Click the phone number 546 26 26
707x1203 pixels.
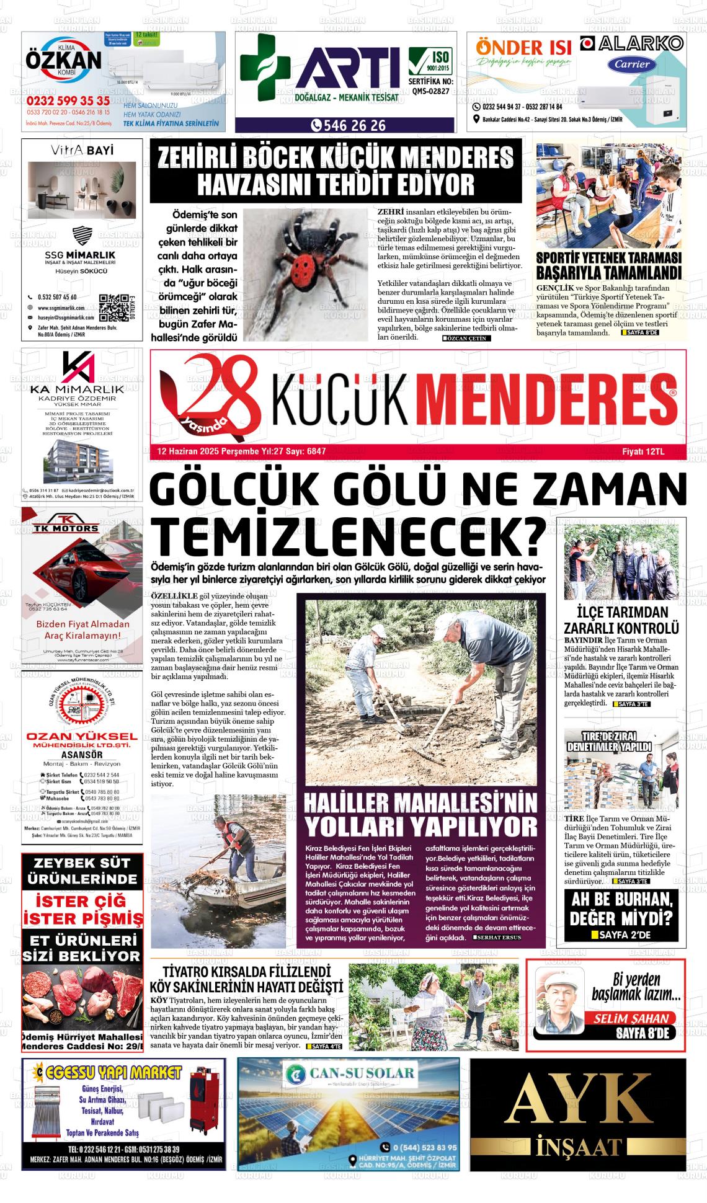pyautogui.click(x=350, y=126)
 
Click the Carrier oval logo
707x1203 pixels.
pyautogui.click(x=632, y=64)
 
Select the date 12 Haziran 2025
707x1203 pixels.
pyautogui.click(x=185, y=451)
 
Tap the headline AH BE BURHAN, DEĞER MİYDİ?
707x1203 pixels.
pyautogui.click(x=621, y=908)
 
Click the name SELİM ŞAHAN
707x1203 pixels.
pyautogui.click(x=631, y=1018)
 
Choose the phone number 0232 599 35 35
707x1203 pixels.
pyautogui.click(x=68, y=101)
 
